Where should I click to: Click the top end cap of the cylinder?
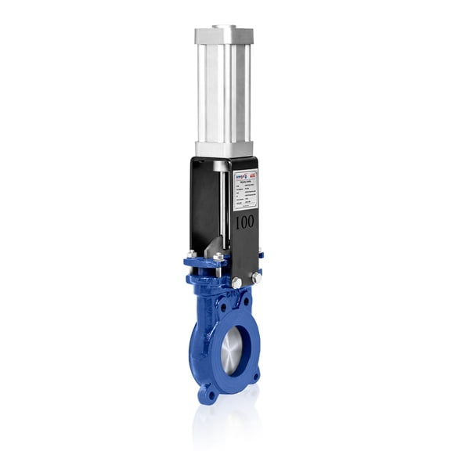coord(224,36)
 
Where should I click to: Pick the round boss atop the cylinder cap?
coord(223,28)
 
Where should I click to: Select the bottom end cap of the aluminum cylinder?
coord(224,148)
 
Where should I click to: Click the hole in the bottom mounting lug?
coord(207,392)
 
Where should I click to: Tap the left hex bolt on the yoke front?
coord(236,282)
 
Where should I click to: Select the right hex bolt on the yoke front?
coord(256,278)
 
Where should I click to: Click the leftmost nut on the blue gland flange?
coord(192,254)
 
